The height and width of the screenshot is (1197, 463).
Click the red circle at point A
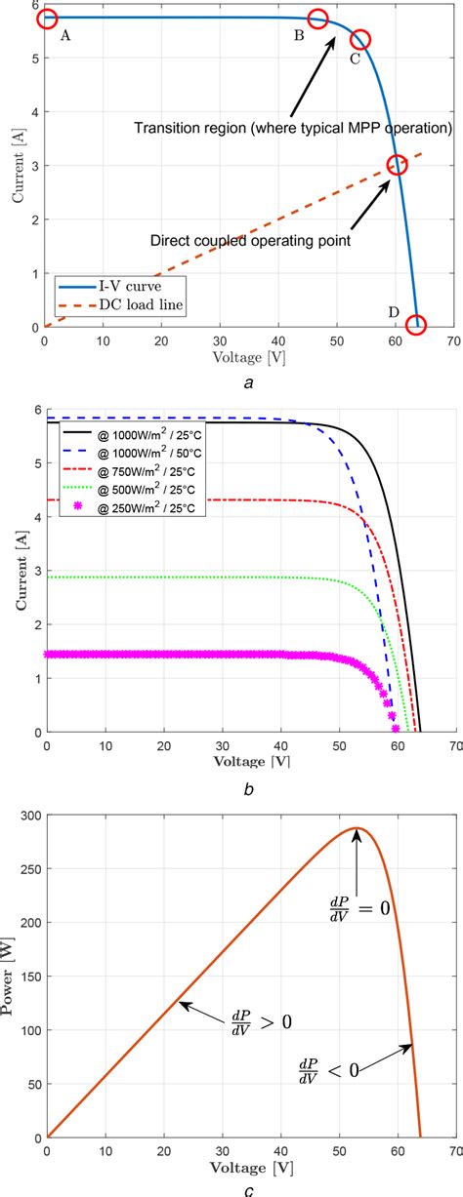coord(47,19)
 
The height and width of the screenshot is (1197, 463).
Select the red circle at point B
coord(317,19)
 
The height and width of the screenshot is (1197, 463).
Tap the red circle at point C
coord(360,39)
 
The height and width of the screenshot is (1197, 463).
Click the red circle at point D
coord(417,325)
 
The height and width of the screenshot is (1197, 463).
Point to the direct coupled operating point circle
coord(397,165)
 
